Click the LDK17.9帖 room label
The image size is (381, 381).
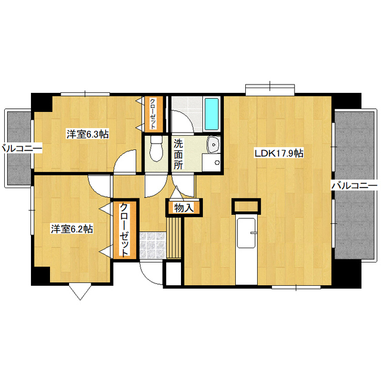(279, 154)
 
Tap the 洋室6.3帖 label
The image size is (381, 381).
(88, 134)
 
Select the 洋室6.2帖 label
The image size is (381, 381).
(72, 229)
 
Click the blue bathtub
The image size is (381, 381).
(211, 114)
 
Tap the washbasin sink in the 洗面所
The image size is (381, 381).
(214, 145)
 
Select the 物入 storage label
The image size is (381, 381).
(184, 208)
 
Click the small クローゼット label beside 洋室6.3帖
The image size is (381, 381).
(152, 114)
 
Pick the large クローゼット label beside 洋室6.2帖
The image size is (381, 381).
(124, 230)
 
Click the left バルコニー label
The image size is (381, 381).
(21, 148)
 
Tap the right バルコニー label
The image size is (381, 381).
(354, 186)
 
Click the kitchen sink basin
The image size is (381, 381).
(246, 233)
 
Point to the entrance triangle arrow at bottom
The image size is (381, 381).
(80, 291)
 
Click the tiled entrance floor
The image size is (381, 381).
(152, 245)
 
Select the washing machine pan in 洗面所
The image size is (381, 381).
(211, 163)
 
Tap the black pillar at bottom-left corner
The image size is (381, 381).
(40, 276)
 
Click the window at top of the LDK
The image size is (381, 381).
(270, 89)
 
